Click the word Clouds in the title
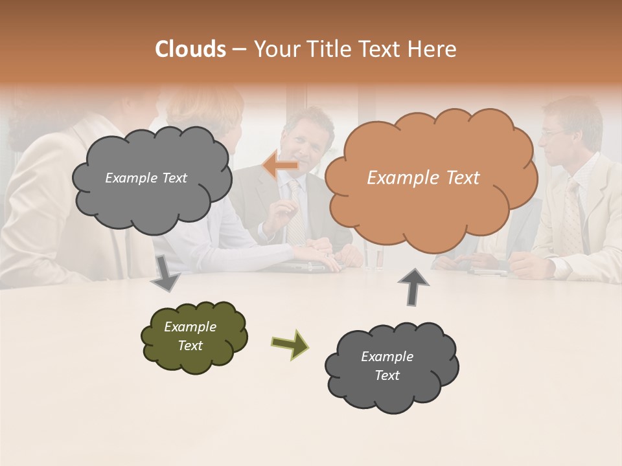(190, 49)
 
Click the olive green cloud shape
(194, 337)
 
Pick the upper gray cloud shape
(152, 179)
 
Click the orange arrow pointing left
(280, 166)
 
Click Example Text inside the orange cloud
(423, 178)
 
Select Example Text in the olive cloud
(190, 336)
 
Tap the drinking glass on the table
(374, 258)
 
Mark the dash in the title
(239, 50)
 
